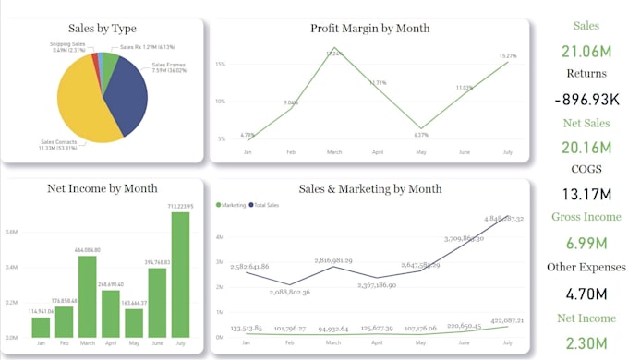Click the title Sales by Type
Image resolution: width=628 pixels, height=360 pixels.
pyautogui.click(x=103, y=29)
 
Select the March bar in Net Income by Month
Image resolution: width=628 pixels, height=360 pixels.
pyautogui.click(x=88, y=295)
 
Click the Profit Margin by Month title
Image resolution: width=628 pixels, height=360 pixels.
pyautogui.click(x=369, y=29)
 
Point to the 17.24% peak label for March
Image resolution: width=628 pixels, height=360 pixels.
pyautogui.click(x=333, y=54)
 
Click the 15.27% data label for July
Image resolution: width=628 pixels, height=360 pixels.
pyautogui.click(x=508, y=56)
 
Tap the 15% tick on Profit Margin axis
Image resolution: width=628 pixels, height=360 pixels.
pyautogui.click(x=221, y=65)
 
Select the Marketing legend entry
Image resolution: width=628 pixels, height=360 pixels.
pyautogui.click(x=233, y=204)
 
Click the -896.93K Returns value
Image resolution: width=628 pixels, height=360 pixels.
pyautogui.click(x=586, y=98)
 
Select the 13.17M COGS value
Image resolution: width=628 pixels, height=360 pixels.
pyautogui.click(x=586, y=194)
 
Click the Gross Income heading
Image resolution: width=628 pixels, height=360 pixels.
pyautogui.click(x=586, y=217)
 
